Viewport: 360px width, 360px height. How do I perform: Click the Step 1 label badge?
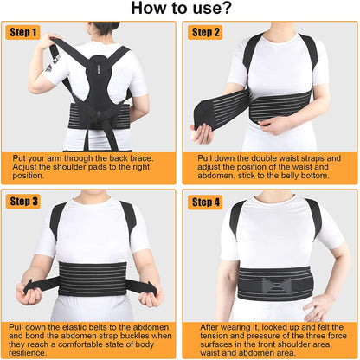point(24,32)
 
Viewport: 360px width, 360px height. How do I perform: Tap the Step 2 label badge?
point(205,32)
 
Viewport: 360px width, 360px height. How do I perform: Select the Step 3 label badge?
point(24,201)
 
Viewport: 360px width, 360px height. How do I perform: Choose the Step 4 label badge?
point(205,201)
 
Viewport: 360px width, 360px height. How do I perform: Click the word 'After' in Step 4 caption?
point(209,327)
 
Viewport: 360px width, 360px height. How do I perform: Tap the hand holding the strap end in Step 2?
point(202,132)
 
